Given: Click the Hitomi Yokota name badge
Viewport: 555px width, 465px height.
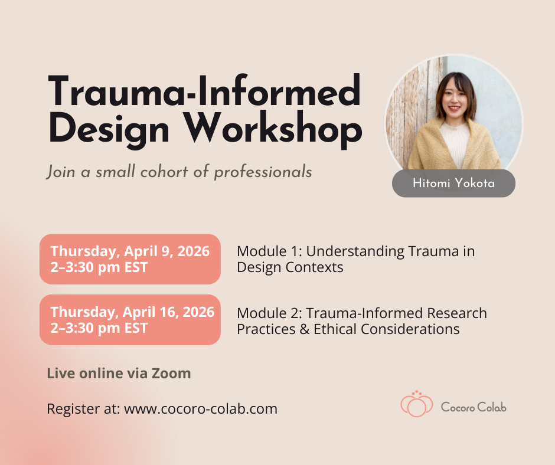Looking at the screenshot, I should click(x=453, y=184).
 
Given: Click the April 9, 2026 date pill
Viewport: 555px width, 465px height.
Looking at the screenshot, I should click(x=130, y=259).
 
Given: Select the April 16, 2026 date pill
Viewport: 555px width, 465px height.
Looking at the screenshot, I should click(x=130, y=320).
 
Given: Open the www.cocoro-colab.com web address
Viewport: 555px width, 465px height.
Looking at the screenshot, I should click(x=201, y=408).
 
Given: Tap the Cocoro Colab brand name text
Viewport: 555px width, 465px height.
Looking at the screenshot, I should click(x=474, y=407).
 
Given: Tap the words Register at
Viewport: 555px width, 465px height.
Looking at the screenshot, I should click(x=83, y=408).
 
